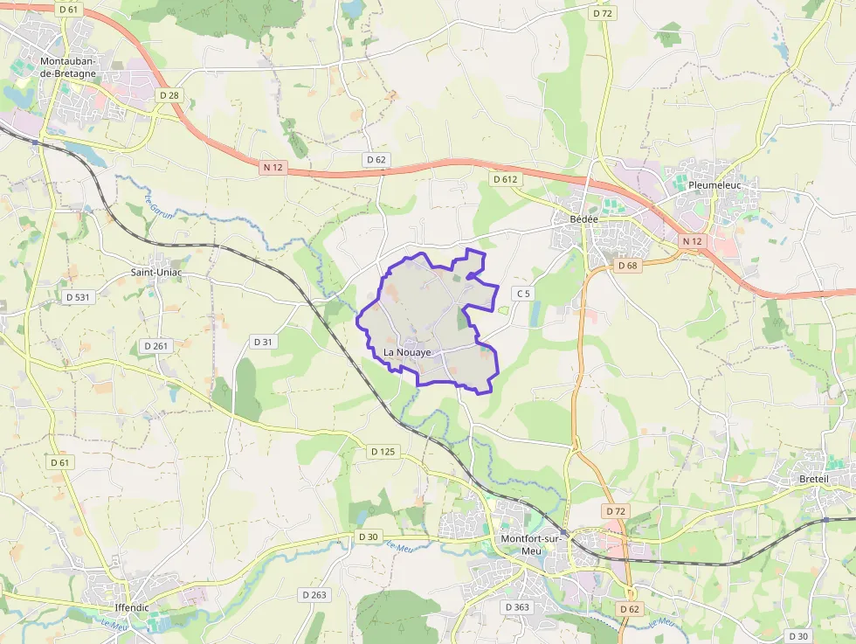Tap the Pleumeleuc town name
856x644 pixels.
tap(714, 185)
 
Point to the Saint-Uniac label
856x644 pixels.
tap(157, 272)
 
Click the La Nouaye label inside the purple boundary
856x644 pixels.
tap(407, 352)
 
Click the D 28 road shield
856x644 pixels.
tap(169, 94)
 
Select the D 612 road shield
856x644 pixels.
tap(505, 179)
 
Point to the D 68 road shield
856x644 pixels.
tap(627, 265)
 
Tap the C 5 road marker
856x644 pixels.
tap(522, 294)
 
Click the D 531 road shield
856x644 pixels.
tap(78, 297)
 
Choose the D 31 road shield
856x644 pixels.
tap(263, 342)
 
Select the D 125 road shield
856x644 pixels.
tap(383, 452)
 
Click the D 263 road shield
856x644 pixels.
tap(314, 595)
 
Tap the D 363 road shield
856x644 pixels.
tap(516, 606)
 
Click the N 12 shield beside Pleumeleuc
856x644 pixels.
tap(693, 240)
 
